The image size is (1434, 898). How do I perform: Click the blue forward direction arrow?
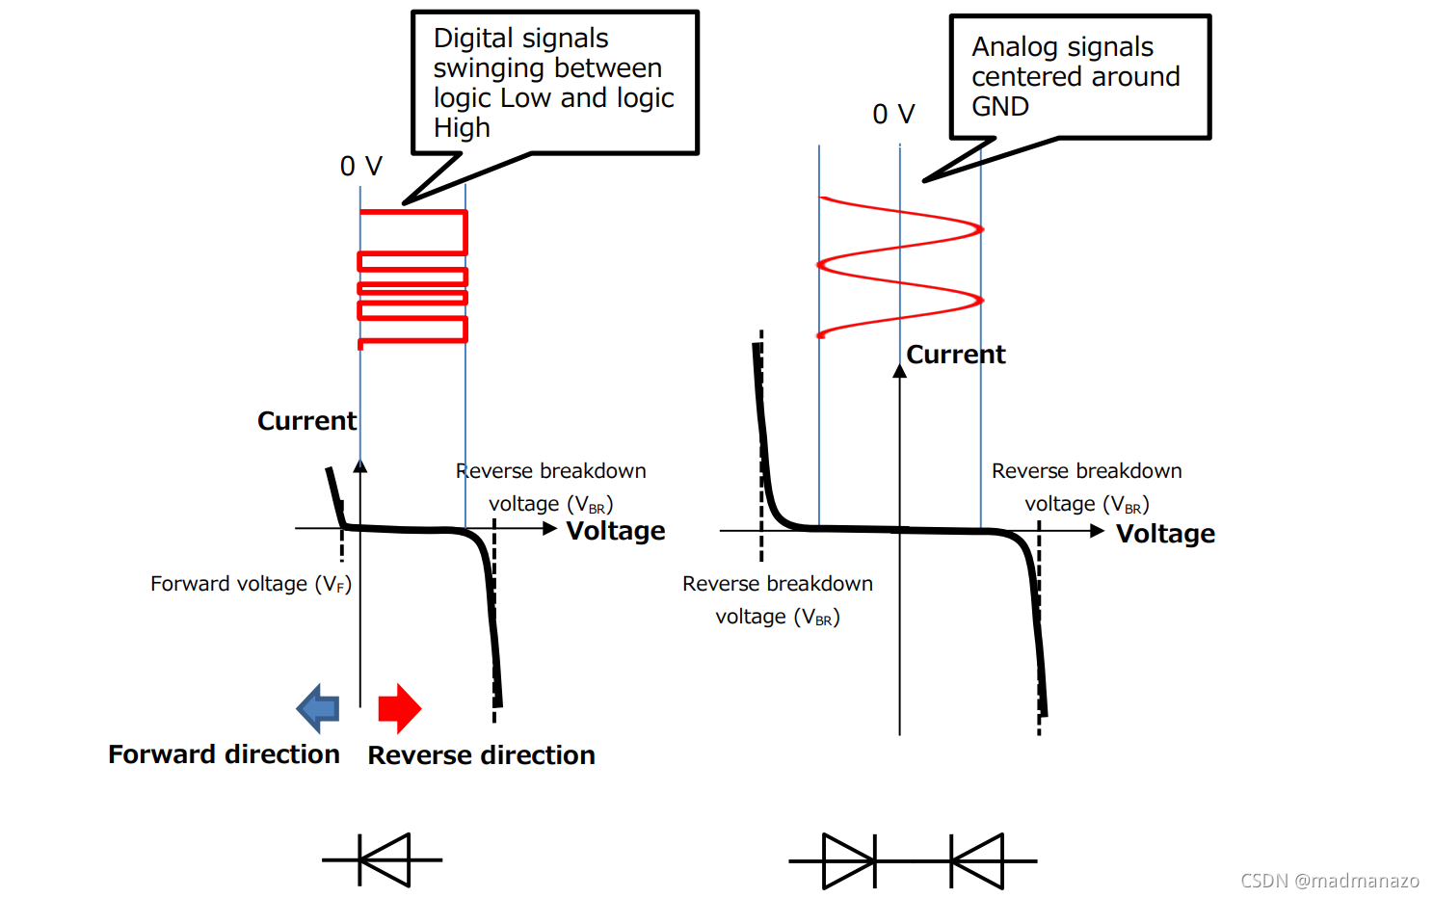[x=319, y=708]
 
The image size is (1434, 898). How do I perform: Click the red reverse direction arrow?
[x=399, y=708]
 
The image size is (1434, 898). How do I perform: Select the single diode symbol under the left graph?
[x=384, y=859]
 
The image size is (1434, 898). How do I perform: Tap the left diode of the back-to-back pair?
[x=849, y=860]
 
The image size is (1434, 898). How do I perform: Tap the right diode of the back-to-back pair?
[x=977, y=860]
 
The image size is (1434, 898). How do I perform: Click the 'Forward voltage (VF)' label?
[x=251, y=584]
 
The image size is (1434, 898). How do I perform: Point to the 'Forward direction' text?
[x=224, y=754]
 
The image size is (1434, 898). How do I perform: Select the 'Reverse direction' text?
[x=481, y=755]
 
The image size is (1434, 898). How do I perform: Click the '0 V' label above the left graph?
[x=360, y=167]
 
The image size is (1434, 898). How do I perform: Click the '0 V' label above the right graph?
[x=893, y=115]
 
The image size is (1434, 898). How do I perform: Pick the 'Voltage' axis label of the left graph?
[x=616, y=531]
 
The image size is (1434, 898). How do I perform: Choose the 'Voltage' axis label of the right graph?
[x=1165, y=534]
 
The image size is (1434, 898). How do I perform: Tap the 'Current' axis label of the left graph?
[x=306, y=421]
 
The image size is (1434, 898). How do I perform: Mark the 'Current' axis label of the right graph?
[x=956, y=355]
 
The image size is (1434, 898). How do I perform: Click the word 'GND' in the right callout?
[x=1000, y=107]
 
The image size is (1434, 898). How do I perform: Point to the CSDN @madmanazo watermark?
[x=1329, y=881]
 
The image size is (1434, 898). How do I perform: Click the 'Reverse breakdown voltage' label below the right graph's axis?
[x=778, y=599]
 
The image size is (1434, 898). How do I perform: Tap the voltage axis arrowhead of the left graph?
[x=550, y=528]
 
